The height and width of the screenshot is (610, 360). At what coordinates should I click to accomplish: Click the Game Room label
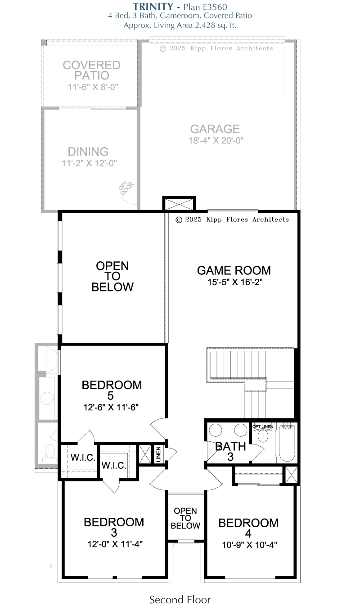pyautogui.click(x=234, y=270)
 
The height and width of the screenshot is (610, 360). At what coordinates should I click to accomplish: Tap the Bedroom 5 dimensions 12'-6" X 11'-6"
pyautogui.click(x=111, y=408)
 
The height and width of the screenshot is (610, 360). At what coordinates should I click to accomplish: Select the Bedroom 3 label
pyautogui.click(x=114, y=527)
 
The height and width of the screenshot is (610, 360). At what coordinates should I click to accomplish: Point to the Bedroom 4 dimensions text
pyautogui.click(x=249, y=545)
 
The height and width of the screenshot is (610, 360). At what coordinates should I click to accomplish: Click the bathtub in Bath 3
pyautogui.click(x=287, y=443)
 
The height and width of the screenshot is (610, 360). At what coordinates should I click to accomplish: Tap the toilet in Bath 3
pyautogui.click(x=263, y=435)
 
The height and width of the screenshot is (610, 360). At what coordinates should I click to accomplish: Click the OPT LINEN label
pyautogui.click(x=263, y=427)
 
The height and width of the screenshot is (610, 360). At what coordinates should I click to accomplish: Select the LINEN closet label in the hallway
pyautogui.click(x=158, y=454)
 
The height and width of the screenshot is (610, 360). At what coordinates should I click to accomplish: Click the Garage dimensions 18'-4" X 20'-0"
pyautogui.click(x=216, y=140)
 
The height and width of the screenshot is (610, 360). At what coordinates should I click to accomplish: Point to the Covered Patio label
pyautogui.click(x=92, y=70)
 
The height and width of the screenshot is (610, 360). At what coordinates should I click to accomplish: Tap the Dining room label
pyautogui.click(x=88, y=152)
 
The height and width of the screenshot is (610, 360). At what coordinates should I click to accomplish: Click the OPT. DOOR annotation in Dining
pyautogui.click(x=126, y=188)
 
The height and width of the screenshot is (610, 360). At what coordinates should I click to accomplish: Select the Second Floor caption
pyautogui.click(x=180, y=600)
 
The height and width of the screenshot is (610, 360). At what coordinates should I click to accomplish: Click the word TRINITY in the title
pyautogui.click(x=153, y=6)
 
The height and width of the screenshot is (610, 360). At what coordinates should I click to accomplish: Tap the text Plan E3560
pyautogui.click(x=205, y=7)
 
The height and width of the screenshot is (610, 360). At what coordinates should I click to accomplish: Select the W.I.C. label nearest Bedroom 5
pyautogui.click(x=83, y=457)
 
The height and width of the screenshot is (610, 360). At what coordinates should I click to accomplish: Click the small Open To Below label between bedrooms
pyautogui.click(x=185, y=518)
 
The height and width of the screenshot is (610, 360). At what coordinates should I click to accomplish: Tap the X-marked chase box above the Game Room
pyautogui.click(x=179, y=204)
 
